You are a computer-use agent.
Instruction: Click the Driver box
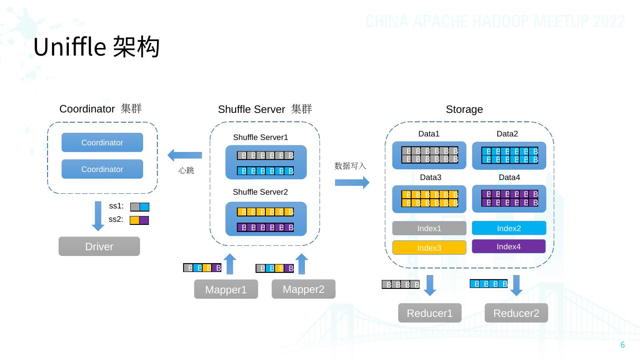click(99, 247)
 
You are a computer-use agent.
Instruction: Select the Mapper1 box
click(226, 289)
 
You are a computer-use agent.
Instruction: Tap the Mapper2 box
click(303, 289)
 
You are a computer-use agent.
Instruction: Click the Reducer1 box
click(430, 313)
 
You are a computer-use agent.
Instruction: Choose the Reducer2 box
click(516, 313)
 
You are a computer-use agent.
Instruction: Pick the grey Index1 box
click(429, 228)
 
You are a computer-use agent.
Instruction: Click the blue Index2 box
click(508, 228)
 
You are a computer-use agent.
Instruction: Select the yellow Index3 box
click(429, 248)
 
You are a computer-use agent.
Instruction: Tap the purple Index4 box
click(508, 247)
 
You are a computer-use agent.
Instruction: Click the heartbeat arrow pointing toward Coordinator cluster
click(184, 155)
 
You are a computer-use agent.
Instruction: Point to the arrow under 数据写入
click(352, 182)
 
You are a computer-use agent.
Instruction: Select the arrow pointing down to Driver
click(99, 216)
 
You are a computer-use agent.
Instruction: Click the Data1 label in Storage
click(429, 134)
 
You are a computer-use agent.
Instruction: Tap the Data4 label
click(509, 177)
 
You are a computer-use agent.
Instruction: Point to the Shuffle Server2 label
click(260, 192)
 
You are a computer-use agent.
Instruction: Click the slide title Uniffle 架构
click(96, 47)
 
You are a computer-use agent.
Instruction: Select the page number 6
click(623, 345)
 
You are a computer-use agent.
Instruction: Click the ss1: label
click(116, 206)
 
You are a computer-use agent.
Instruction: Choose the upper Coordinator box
click(102, 143)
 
